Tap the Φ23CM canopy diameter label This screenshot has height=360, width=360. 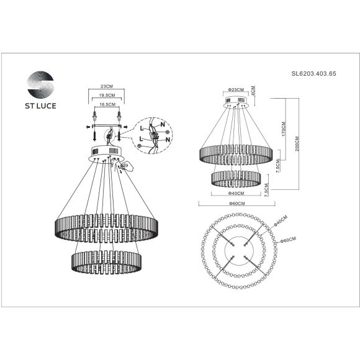click(235, 90)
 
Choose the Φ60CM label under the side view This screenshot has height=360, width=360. click(235, 204)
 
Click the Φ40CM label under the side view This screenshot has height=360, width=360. click(235, 193)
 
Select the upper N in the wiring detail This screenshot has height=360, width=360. click(161, 125)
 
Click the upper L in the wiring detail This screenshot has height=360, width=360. click(142, 128)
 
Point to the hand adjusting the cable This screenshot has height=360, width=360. click(127, 166)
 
